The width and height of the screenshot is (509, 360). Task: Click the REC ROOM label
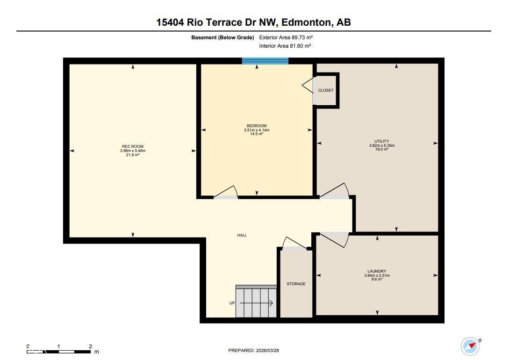pyautogui.click(x=133, y=147)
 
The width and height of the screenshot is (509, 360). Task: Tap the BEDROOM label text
pyautogui.click(x=257, y=126)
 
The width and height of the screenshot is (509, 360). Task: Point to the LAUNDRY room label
pyautogui.click(x=377, y=271)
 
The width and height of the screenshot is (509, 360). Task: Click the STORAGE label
pyautogui.click(x=296, y=284)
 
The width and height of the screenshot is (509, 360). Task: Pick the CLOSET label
pyautogui.click(x=326, y=90)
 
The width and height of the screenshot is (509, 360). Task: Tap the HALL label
pyautogui.click(x=242, y=235)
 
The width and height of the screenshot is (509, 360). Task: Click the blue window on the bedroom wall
pyautogui.click(x=265, y=61)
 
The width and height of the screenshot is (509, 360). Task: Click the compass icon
pyautogui.click(x=470, y=346)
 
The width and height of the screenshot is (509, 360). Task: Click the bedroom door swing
pyautogui.click(x=227, y=193)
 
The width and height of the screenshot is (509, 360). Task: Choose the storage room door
pyautogui.click(x=294, y=244)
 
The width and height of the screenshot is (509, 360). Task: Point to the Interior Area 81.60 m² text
pyautogui.click(x=285, y=46)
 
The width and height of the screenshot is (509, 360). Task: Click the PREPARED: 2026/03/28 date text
pyautogui.click(x=253, y=350)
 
